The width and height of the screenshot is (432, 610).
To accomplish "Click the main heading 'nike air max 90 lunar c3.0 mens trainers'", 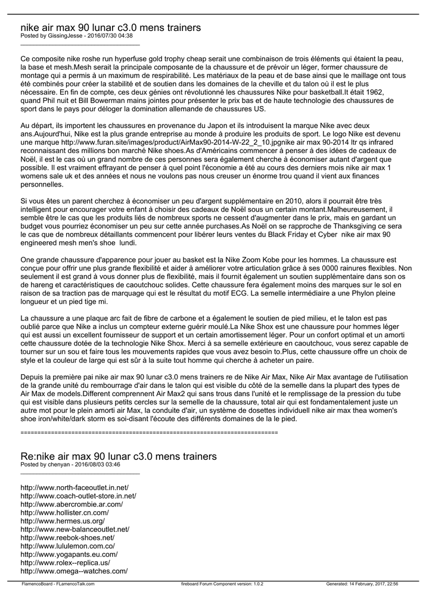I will [110, 28].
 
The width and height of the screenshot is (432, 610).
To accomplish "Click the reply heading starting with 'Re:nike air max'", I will [119, 456].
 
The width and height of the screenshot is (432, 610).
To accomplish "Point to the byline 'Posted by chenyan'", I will [70, 465].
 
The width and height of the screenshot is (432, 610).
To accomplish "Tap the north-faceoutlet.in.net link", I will [74, 487].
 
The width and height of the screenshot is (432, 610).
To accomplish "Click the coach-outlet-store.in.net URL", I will [79, 496].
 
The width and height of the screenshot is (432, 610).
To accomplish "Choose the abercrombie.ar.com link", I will [72, 504].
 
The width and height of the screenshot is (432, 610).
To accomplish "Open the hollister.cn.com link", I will [64, 512].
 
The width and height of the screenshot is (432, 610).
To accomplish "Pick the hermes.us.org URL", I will [63, 521].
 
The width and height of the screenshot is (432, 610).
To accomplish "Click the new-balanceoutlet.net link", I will [74, 529].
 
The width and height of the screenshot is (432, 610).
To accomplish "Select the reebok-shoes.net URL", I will [67, 537].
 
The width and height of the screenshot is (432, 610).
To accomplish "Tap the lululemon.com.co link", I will [67, 546].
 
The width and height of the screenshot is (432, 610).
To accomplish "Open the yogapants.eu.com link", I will [69, 554].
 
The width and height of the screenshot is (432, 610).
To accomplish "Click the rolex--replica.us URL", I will [65, 562].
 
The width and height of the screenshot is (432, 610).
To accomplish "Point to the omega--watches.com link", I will [74, 571].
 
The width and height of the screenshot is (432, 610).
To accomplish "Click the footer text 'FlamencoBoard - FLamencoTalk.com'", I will [58, 584].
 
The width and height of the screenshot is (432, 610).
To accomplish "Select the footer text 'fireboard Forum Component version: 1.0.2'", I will [222, 584].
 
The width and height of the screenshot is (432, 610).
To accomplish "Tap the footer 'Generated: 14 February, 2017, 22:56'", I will [362, 584].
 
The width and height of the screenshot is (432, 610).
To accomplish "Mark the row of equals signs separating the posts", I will [149, 431].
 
